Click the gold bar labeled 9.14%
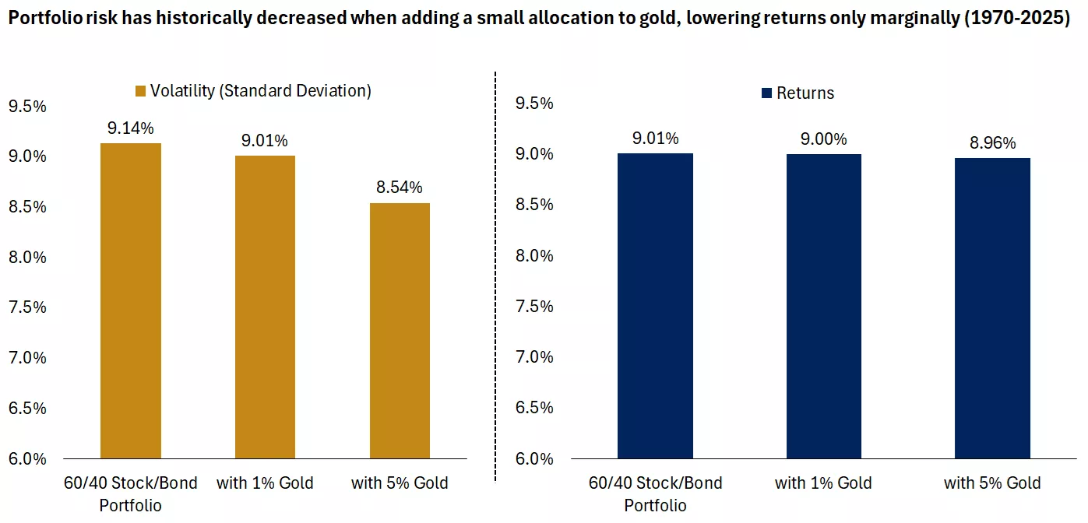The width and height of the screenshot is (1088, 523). (x=131, y=300)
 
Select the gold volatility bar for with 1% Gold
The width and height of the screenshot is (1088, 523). (x=265, y=307)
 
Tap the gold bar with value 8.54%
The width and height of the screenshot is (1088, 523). (x=400, y=330)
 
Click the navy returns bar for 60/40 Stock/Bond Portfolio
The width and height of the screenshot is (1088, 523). (x=655, y=306)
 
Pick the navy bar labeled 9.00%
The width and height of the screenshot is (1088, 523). (x=823, y=306)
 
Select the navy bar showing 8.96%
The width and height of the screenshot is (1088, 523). (x=992, y=308)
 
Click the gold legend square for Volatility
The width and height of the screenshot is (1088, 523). (x=141, y=91)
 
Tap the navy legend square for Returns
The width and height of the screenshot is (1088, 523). (x=766, y=93)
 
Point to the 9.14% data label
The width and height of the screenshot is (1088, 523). (x=131, y=128)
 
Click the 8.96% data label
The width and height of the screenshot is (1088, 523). (x=992, y=143)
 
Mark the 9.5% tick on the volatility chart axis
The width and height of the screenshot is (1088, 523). (x=27, y=106)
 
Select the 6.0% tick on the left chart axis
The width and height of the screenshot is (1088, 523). (x=27, y=458)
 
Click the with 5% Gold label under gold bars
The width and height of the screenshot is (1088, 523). (x=400, y=483)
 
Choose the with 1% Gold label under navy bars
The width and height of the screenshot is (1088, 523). (x=823, y=483)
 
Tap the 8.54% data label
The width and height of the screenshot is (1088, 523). (x=400, y=188)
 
